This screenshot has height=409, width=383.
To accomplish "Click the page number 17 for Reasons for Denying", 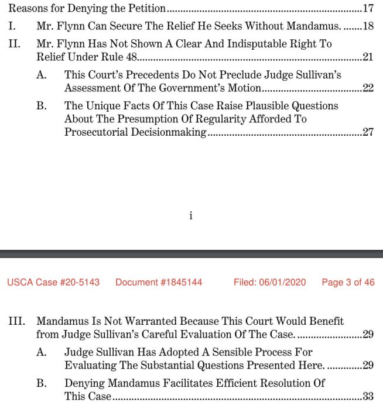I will [x=368, y=9].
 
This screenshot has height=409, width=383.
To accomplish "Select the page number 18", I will [x=368, y=26].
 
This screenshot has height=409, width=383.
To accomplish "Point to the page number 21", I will [x=368, y=57].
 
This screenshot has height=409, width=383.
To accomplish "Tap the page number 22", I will [x=368, y=88].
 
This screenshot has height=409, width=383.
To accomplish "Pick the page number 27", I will [x=368, y=132].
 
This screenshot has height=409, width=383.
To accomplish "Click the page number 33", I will [x=368, y=396].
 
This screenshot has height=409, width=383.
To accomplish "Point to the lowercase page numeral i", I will [x=191, y=216].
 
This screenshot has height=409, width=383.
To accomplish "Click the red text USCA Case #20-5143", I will [x=53, y=282].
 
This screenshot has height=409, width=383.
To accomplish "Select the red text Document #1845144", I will [x=159, y=282].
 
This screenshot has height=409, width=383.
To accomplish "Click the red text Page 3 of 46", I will [x=348, y=282].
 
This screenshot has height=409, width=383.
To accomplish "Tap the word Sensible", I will [x=235, y=352].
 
